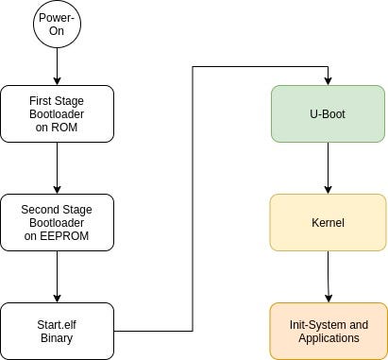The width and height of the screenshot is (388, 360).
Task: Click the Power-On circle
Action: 57,26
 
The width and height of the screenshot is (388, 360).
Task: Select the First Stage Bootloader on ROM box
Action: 57,112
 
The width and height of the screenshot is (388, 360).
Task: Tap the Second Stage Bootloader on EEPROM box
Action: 57,222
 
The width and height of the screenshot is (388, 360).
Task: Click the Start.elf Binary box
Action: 57,331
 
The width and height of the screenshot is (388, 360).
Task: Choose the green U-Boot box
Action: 328,112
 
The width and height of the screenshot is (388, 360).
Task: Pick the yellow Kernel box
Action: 328,223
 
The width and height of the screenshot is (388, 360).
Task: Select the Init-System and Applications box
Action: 328,331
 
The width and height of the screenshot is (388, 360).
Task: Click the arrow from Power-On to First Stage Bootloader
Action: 57,67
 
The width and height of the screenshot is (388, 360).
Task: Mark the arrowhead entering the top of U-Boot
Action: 328,80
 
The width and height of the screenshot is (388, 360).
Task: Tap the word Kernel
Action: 328,223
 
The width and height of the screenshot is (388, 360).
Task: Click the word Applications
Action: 328,337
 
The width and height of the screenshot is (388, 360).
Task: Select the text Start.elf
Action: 57,324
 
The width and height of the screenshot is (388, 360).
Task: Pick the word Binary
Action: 57,337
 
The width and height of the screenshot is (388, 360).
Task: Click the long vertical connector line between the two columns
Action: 193,198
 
